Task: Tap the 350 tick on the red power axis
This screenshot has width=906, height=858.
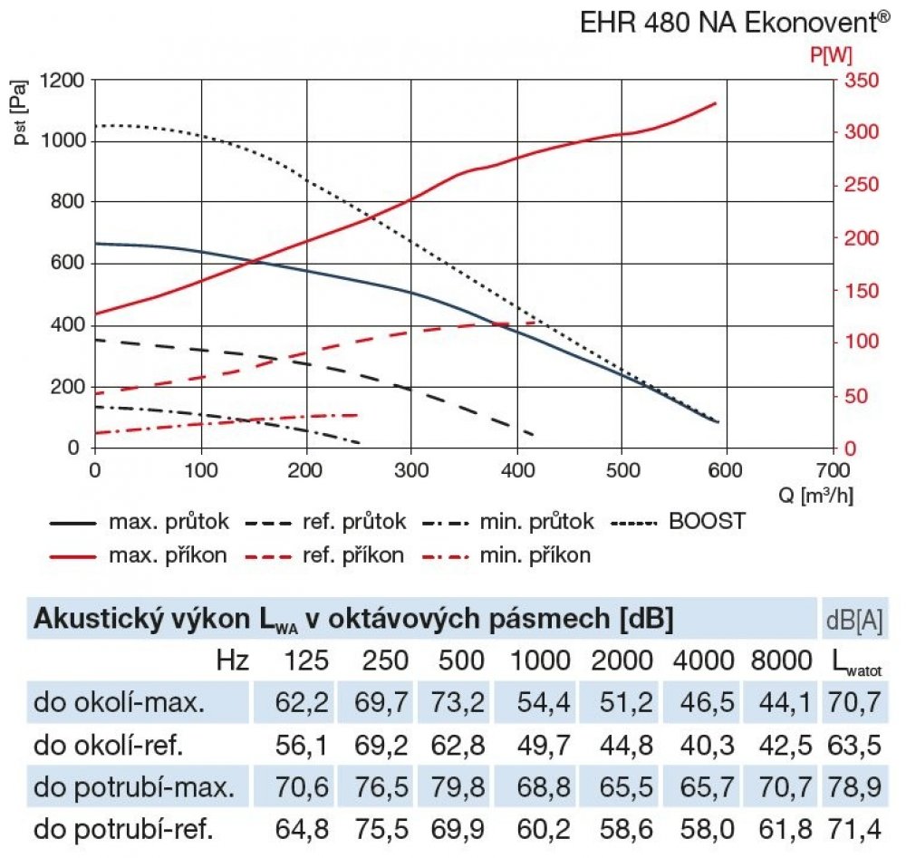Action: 861,81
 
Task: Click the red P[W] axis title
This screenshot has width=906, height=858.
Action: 831,55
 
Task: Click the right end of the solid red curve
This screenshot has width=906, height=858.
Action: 716,103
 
